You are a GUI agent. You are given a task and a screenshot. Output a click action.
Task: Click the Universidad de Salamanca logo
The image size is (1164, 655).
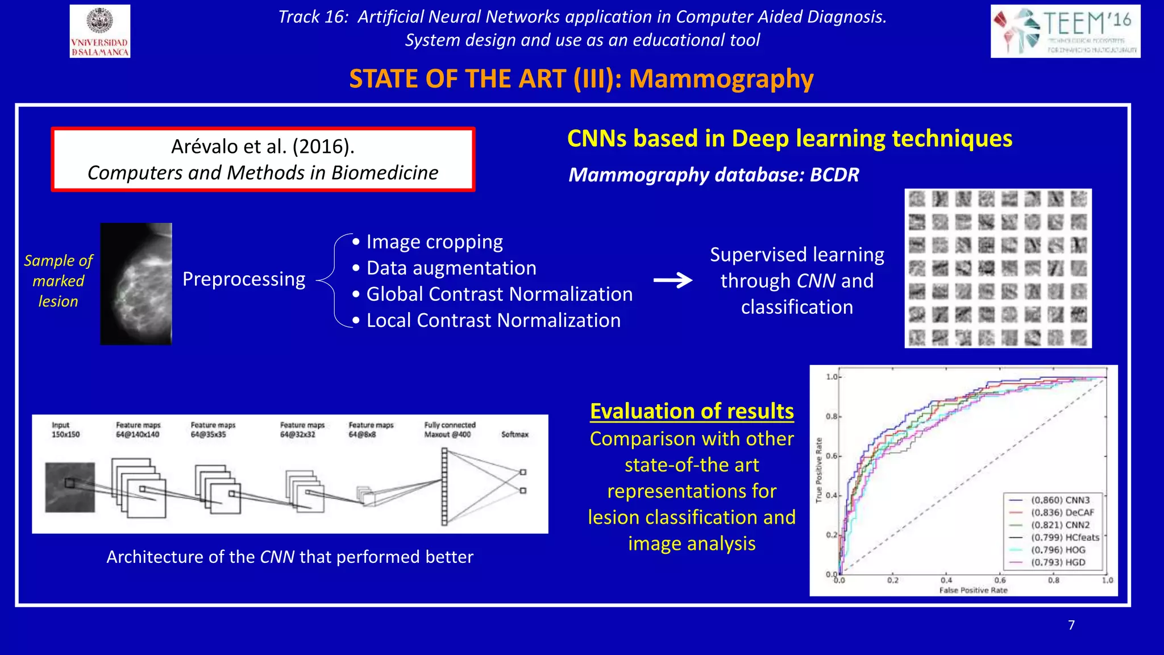click(x=100, y=31)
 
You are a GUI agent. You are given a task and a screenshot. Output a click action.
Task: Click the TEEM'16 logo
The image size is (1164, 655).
click(x=1065, y=31)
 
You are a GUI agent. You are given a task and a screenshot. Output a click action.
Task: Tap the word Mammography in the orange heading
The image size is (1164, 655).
click(x=721, y=78)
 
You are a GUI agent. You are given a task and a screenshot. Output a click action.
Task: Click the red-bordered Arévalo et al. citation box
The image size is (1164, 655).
click(x=263, y=159)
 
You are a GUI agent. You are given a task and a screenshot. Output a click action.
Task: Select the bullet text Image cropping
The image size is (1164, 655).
click(x=434, y=242)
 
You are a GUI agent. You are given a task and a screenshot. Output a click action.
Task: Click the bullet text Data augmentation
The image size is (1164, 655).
click(x=451, y=268)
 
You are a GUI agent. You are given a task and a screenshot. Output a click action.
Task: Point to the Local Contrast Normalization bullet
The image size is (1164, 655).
click(x=493, y=321)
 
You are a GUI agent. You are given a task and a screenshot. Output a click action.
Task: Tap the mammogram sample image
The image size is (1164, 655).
click(x=136, y=284)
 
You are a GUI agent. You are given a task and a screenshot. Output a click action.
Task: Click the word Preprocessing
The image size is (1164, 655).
click(x=244, y=279)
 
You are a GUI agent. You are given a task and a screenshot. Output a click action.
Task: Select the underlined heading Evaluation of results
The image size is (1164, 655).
click(x=692, y=411)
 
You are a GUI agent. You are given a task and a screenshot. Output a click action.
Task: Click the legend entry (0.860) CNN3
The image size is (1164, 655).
click(x=1061, y=500)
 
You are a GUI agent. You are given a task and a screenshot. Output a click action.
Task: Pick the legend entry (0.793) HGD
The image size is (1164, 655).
click(x=1058, y=562)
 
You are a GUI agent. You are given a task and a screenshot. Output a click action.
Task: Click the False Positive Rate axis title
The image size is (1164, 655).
click(x=973, y=590)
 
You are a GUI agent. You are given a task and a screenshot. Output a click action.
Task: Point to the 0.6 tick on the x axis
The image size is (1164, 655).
click(x=1000, y=581)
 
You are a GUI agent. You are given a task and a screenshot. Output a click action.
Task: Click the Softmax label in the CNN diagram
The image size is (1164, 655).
click(x=514, y=434)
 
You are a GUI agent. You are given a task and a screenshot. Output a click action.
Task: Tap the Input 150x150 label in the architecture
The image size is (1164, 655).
click(x=65, y=430)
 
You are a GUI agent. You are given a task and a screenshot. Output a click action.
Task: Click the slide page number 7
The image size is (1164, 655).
click(x=1071, y=625)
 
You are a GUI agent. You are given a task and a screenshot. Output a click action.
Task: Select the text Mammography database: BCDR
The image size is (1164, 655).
click(x=714, y=175)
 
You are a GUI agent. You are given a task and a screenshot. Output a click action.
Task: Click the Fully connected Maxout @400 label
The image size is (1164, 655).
click(x=449, y=430)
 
